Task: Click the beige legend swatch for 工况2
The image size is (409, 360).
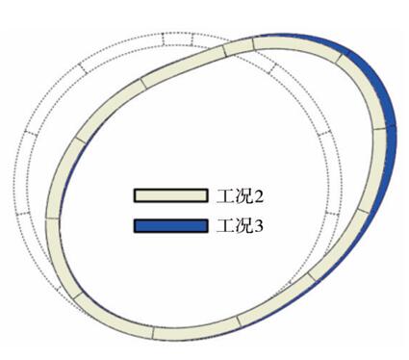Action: (170, 195)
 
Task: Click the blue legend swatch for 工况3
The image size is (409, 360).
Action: (170, 225)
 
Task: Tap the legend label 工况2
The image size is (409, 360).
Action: (240, 195)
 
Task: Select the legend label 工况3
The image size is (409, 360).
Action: (240, 226)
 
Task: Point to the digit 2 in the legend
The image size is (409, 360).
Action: (259, 196)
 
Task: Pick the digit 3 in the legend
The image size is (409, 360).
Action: (259, 226)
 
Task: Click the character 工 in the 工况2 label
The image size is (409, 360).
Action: (223, 195)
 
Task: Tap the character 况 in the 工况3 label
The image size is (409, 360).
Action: (243, 226)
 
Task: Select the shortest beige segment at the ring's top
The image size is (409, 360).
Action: (239, 48)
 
